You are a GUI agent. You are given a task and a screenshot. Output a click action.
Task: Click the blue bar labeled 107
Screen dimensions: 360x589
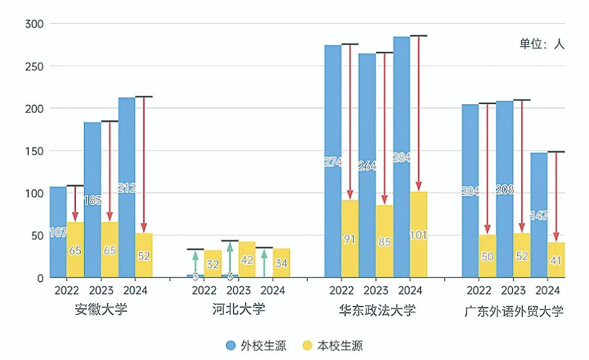coord(58,232)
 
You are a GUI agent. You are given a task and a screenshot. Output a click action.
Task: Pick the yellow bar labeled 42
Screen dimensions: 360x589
coord(247,259)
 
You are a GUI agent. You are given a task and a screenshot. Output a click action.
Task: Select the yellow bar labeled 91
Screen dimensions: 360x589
coord(350,239)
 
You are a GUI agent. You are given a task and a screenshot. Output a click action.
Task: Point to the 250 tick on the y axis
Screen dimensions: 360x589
coord(36,66)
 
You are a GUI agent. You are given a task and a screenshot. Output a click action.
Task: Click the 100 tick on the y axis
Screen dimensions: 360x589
coord(36,193)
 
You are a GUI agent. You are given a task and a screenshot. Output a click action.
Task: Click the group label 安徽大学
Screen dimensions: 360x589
coord(101,309)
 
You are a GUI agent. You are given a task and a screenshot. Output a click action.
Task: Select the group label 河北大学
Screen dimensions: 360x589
coord(239,309)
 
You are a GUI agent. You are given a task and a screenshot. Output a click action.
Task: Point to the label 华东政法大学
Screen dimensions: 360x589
coord(377,311)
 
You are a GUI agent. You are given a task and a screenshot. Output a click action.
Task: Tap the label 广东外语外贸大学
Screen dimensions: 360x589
coord(514,312)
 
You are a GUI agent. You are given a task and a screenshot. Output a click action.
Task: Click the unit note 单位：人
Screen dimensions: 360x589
coord(542,44)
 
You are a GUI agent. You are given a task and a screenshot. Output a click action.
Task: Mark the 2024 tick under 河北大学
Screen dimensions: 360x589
coord(273,290)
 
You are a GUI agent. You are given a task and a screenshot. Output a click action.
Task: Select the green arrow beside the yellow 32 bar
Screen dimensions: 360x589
coord(196,262)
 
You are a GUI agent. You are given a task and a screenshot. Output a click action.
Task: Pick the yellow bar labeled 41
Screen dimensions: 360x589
coord(556,260)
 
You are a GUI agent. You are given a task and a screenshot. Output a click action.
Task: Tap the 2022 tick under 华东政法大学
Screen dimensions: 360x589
coord(342,290)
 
